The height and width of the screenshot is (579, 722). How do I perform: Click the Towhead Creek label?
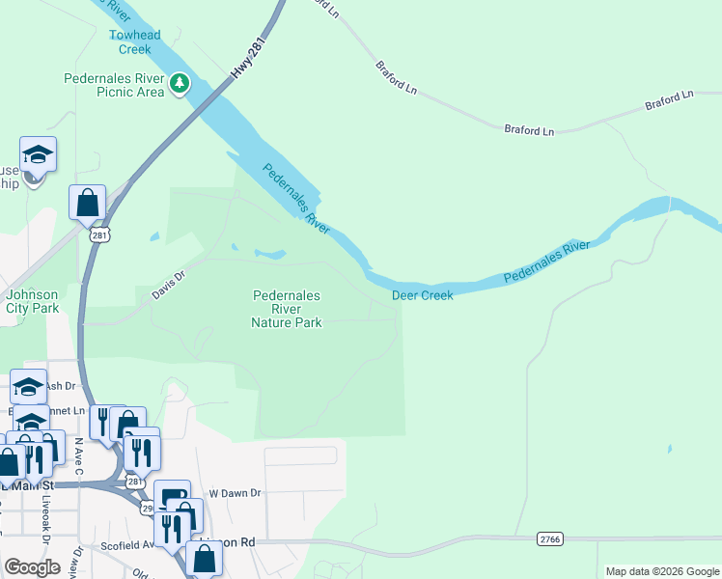[x=134, y=42]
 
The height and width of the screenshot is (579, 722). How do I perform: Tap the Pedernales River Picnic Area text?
[x=114, y=85]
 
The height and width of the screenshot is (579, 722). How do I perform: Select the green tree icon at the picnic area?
[x=180, y=84]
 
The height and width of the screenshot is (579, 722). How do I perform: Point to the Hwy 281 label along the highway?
[x=249, y=60]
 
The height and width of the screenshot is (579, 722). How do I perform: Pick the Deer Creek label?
[x=422, y=295]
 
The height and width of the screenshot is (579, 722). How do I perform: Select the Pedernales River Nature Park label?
[x=287, y=310]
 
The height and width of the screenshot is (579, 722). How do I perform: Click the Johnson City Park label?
[x=33, y=302]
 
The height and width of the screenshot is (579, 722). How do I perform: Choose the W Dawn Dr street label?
[x=236, y=493]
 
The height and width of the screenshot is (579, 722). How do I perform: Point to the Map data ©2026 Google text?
[x=661, y=571]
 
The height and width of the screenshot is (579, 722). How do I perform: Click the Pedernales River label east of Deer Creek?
[x=545, y=262]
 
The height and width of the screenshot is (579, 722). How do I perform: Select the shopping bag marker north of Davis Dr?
[x=87, y=205]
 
